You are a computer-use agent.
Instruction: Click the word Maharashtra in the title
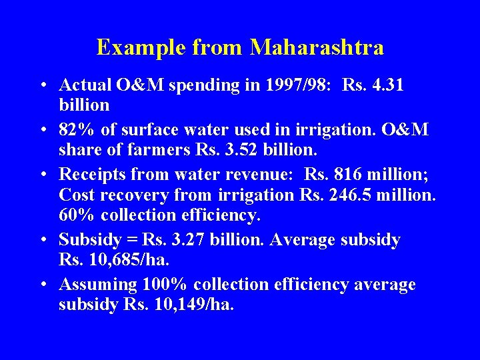(x=317, y=47)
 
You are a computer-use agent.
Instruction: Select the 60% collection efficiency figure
(x=77, y=216)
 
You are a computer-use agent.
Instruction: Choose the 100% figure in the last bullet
(x=165, y=285)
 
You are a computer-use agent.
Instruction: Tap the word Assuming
(x=98, y=285)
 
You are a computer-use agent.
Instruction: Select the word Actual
(x=83, y=85)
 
